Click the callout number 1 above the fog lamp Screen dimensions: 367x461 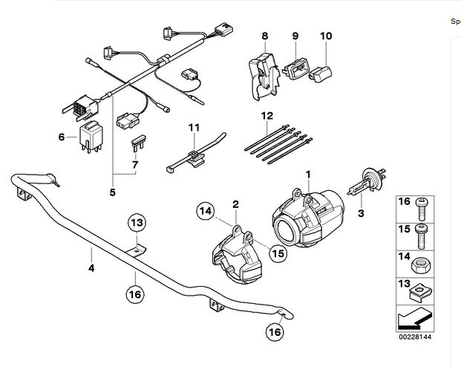(x=307, y=174)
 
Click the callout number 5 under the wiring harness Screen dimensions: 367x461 (x=112, y=192)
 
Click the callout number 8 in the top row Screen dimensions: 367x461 (x=264, y=36)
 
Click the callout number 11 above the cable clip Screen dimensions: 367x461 (x=194, y=128)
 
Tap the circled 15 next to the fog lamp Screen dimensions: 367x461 (x=278, y=253)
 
